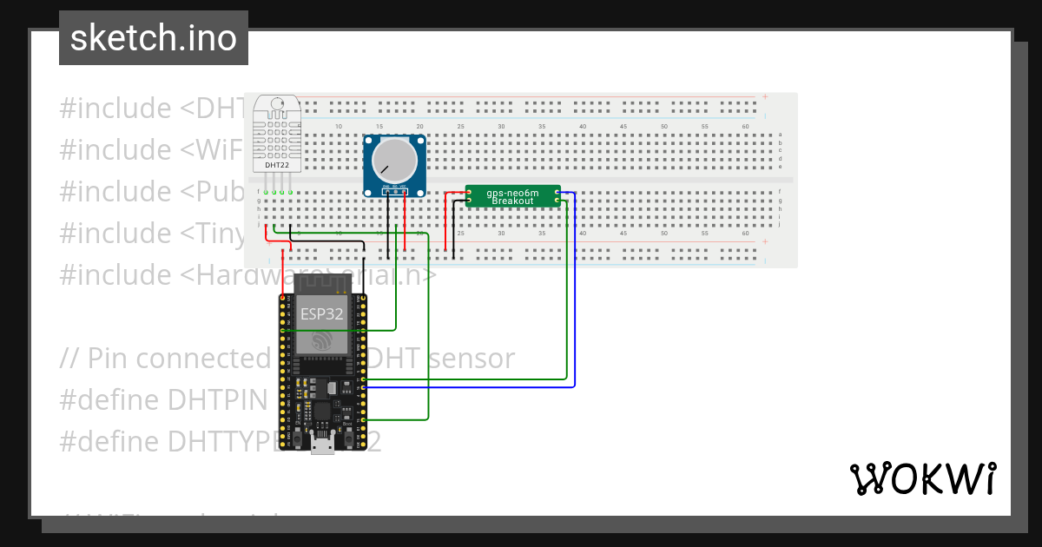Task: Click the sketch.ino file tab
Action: pos(154,38)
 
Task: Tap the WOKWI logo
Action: pos(922,478)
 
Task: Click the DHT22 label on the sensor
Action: pos(277,165)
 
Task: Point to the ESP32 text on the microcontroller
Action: pos(322,313)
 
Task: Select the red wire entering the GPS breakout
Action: pos(448,217)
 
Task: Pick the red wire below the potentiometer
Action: pos(405,226)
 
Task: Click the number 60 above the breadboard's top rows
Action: pos(745,128)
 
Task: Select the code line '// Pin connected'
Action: pos(165,358)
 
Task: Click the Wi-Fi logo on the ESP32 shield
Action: pos(322,341)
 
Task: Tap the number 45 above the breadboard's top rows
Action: pos(623,128)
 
